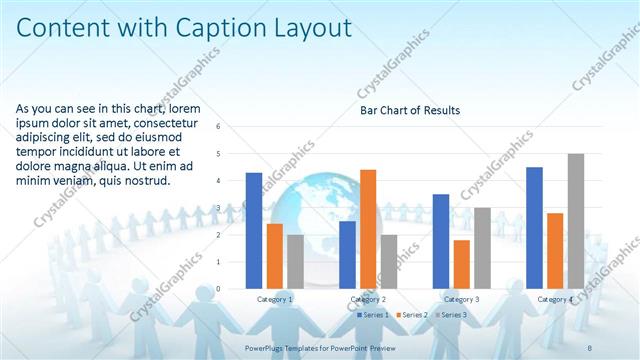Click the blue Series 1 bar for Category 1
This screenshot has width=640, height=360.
click(254, 231)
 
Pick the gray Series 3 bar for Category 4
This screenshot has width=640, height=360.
click(576, 221)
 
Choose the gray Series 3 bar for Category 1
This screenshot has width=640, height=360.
click(295, 261)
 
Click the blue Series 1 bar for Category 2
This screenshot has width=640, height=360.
click(347, 254)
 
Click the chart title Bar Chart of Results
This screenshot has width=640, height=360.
click(410, 110)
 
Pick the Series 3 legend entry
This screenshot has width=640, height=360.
click(452, 315)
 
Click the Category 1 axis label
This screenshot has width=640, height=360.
click(275, 299)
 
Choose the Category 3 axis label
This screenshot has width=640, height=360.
click(461, 299)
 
